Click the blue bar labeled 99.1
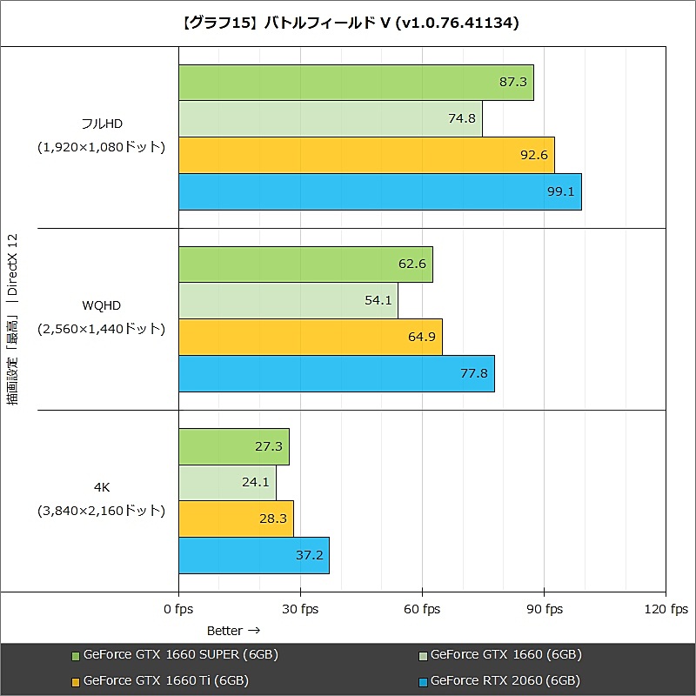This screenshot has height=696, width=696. tap(379, 192)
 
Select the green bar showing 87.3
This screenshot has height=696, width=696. tap(356, 83)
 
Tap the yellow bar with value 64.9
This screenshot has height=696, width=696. tap(310, 338)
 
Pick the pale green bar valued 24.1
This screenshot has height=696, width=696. tap(227, 483)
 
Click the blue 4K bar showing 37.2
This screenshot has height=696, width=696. tap(253, 556)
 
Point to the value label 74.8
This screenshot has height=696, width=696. tap(461, 119)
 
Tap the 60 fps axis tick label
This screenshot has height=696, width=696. tap(422, 610)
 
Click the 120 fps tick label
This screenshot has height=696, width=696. tap(666, 610)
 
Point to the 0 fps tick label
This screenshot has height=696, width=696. tap(178, 610)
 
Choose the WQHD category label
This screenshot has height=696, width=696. tap(101, 305)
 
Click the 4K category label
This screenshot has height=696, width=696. tap(101, 487)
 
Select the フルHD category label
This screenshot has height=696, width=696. tap(101, 124)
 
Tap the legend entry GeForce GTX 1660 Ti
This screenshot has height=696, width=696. tap(165, 680)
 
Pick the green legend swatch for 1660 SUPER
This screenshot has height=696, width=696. tap(75, 655)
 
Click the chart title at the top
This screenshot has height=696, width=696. tap(348, 23)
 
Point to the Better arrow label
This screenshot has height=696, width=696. tap(233, 630)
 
